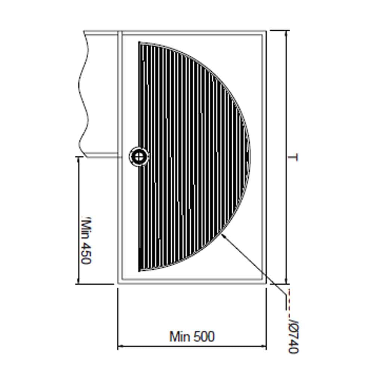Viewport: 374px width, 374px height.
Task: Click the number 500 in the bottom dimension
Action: pyautogui.click(x=204, y=336)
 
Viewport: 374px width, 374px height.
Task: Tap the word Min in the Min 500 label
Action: pyautogui.click(x=180, y=336)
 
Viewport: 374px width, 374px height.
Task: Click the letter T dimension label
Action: pyautogui.click(x=294, y=157)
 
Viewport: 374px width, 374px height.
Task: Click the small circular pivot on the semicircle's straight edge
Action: pyautogui.click(x=139, y=156)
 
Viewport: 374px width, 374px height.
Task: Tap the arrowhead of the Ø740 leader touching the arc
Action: pyautogui.click(x=223, y=236)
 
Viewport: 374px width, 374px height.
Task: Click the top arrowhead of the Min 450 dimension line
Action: pyautogui.click(x=78, y=159)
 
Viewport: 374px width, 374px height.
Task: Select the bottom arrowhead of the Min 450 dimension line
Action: pyautogui.click(x=78, y=282)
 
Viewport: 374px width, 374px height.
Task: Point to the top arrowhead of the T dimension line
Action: pyautogui.click(x=286, y=32)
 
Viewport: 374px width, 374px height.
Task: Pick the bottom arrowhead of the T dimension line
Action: pyautogui.click(x=286, y=282)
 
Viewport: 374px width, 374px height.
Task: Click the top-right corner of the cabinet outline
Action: pyautogui.click(x=266, y=31)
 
